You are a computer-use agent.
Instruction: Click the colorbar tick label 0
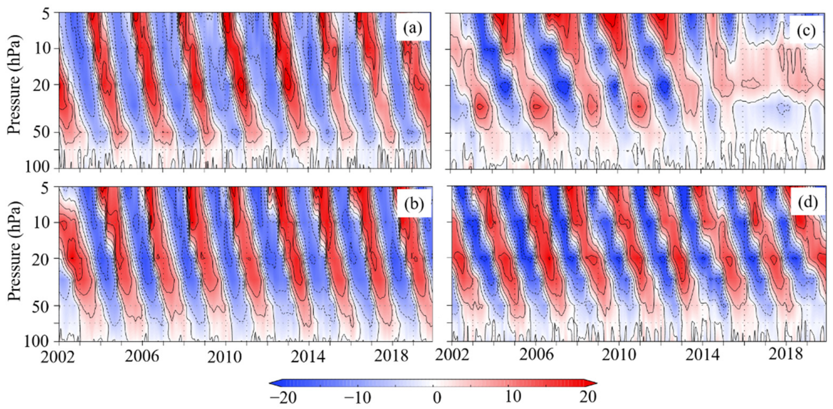tap(437, 397)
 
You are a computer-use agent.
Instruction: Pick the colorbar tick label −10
tap(357, 397)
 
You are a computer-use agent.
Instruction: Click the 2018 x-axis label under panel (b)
tap(392, 357)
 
